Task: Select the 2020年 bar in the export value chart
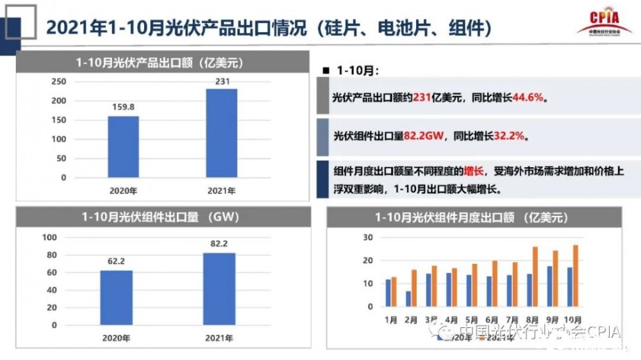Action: click(123, 147)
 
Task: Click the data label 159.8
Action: click(123, 107)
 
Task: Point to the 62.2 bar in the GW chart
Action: click(117, 297)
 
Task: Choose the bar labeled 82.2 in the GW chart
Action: click(219, 288)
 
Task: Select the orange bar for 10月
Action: click(576, 275)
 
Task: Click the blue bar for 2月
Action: click(408, 299)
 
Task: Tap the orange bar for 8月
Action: click(535, 276)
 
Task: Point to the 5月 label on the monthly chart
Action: click(471, 318)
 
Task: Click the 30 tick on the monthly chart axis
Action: click(368, 237)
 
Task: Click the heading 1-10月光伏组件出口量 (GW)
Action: click(160, 217)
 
